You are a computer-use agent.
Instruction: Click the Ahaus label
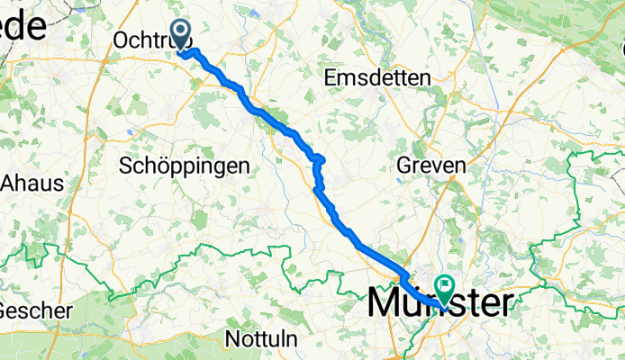click(33, 183)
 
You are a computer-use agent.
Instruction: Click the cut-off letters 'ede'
click(23, 27)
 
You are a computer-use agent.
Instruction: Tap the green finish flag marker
click(445, 288)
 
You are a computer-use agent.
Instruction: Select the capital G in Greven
click(405, 166)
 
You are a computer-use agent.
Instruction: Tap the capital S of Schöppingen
click(125, 166)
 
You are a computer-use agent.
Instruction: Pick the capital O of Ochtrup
click(122, 40)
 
